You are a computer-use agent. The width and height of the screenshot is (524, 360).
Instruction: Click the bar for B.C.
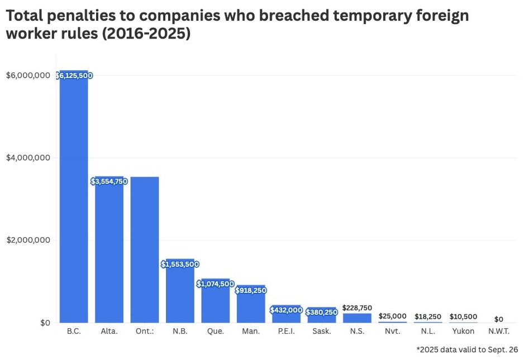[74, 201]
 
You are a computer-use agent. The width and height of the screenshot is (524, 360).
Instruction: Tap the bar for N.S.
[357, 318]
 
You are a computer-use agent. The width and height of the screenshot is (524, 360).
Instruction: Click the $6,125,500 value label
[74, 76]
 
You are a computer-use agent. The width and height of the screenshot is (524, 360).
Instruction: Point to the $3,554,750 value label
[109, 181]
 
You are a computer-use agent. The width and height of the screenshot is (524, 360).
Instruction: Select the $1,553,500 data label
[180, 264]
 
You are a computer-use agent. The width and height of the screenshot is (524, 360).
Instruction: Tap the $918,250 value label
[251, 290]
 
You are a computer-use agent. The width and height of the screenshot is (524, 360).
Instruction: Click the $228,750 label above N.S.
[357, 307]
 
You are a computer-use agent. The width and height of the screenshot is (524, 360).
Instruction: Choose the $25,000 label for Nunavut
[392, 316]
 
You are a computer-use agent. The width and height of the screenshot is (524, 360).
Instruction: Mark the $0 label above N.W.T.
[499, 319]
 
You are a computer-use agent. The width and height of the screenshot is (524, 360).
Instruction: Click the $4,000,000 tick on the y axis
[28, 158]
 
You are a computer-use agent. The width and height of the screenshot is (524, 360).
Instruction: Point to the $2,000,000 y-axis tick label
[28, 241]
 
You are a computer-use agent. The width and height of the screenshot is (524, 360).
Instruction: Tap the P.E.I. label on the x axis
[287, 332]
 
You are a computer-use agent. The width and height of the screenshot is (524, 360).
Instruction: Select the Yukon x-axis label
[463, 332]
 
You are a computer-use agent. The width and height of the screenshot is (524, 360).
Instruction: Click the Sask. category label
[322, 332]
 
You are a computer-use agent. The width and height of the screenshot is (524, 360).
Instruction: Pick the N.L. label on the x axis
[428, 332]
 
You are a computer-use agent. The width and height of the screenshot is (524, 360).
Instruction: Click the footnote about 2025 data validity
[467, 350]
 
